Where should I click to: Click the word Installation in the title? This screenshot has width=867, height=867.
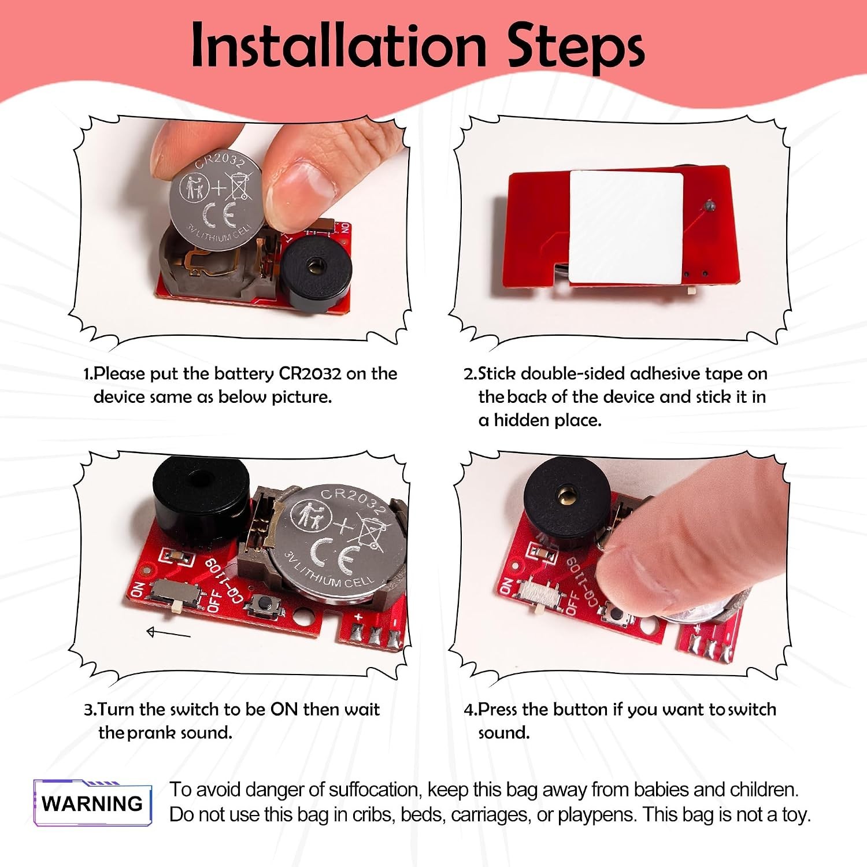click(x=339, y=45)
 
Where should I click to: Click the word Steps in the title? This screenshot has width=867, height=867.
click(x=576, y=46)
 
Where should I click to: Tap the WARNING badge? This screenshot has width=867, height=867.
click(x=92, y=803)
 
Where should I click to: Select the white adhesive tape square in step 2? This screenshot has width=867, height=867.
click(x=625, y=227)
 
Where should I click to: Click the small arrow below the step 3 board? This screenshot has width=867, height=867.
click(x=169, y=633)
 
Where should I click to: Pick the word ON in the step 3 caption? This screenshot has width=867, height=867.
click(x=284, y=709)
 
